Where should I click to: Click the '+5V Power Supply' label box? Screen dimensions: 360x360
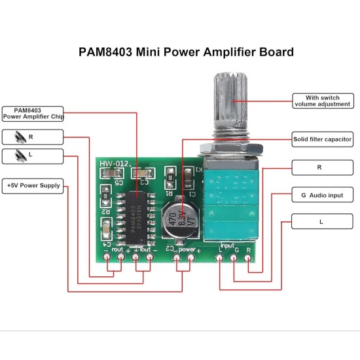tap(33, 185)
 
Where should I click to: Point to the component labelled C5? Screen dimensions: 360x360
tap(110, 173)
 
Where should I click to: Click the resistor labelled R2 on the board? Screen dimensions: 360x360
tap(105, 194)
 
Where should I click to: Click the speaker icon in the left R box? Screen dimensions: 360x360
tap(18, 137)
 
